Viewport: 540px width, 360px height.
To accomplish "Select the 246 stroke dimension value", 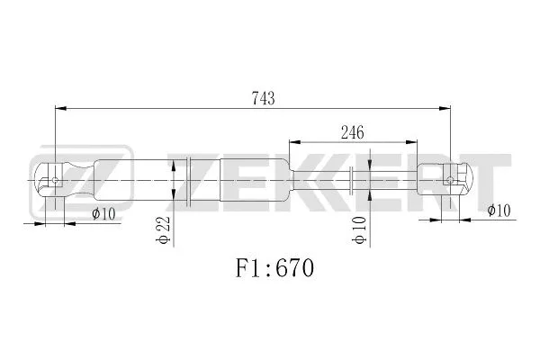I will click(x=352, y=132).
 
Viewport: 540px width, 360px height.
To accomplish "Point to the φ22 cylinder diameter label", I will click(x=163, y=229).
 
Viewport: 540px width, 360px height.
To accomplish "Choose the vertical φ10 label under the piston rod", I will click(x=359, y=230).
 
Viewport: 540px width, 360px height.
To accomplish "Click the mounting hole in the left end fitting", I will click(x=56, y=180).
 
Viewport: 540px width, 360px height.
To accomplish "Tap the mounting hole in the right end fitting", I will click(x=450, y=180).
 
